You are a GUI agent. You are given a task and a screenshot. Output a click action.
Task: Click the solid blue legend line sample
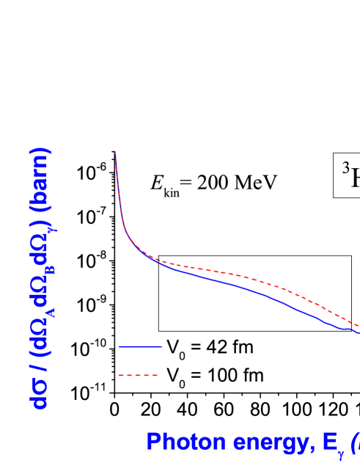point(139,346)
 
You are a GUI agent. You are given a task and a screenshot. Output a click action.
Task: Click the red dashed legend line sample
point(139,375)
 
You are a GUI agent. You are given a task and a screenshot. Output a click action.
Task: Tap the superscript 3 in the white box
point(346,169)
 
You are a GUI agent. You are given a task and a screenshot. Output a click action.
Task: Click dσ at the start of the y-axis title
point(40,393)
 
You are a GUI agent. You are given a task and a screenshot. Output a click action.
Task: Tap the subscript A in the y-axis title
point(50,316)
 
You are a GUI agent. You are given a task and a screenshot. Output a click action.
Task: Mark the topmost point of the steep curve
point(116,152)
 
